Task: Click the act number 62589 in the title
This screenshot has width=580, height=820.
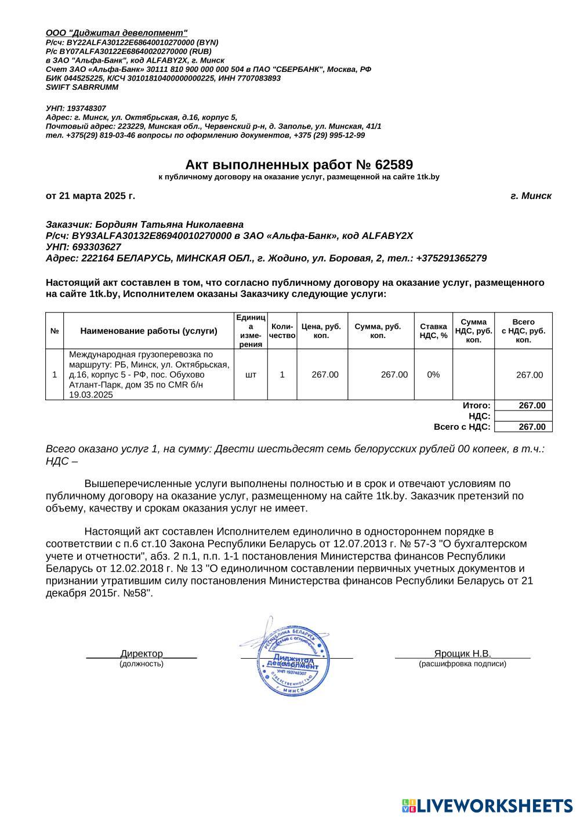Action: click(394, 165)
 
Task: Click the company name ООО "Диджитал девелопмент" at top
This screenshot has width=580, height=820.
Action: click(117, 33)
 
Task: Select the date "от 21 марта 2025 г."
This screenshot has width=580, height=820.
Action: click(90, 196)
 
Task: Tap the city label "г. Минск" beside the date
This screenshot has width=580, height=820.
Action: click(531, 196)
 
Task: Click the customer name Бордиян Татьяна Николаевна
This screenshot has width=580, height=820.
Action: click(169, 224)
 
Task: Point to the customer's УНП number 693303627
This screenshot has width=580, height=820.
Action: click(95, 247)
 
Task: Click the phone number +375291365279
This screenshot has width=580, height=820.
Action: click(451, 258)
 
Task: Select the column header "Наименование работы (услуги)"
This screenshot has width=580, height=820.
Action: click(148, 331)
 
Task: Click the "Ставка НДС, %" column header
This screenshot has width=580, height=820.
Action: click(433, 331)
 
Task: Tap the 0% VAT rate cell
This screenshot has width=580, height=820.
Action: click(433, 375)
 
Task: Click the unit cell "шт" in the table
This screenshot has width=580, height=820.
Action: click(251, 375)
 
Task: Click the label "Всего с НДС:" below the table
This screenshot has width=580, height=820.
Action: click(462, 427)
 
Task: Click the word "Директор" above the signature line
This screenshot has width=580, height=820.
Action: click(142, 654)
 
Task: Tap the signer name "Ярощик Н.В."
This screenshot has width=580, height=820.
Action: click(462, 654)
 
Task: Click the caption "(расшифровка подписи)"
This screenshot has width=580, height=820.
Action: click(462, 663)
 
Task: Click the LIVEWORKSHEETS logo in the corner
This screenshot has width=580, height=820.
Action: click(487, 806)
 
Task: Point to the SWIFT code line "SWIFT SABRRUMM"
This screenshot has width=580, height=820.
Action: click(82, 88)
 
